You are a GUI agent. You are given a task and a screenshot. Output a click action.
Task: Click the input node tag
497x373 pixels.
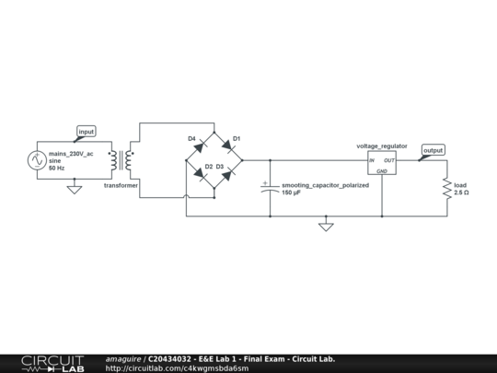86,132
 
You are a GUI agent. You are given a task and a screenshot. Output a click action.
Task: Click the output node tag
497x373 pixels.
432,150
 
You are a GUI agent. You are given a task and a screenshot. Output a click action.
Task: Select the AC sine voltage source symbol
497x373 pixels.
38,160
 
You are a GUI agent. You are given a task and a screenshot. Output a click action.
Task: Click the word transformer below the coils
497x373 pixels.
121,185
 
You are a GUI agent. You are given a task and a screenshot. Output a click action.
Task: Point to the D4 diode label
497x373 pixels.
192,139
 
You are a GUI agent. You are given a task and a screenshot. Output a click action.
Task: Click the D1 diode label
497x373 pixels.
237,139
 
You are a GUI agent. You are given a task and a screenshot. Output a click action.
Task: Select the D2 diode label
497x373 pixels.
209,167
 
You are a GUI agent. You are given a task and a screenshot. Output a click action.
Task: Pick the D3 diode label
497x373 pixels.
221,167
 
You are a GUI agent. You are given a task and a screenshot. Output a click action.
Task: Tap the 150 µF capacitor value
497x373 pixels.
292,193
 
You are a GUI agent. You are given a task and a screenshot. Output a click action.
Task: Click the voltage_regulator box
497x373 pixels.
382,165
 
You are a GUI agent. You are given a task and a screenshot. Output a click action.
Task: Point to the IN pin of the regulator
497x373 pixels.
373,160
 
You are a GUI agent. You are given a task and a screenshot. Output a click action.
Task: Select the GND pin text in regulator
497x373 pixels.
382,171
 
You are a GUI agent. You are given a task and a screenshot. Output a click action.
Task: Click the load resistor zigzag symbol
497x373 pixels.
447,188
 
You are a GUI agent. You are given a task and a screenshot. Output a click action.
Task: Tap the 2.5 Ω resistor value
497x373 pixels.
462,193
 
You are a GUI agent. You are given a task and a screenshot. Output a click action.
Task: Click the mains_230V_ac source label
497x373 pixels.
71,153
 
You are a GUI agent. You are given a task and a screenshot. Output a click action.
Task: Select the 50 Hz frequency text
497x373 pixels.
56,168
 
